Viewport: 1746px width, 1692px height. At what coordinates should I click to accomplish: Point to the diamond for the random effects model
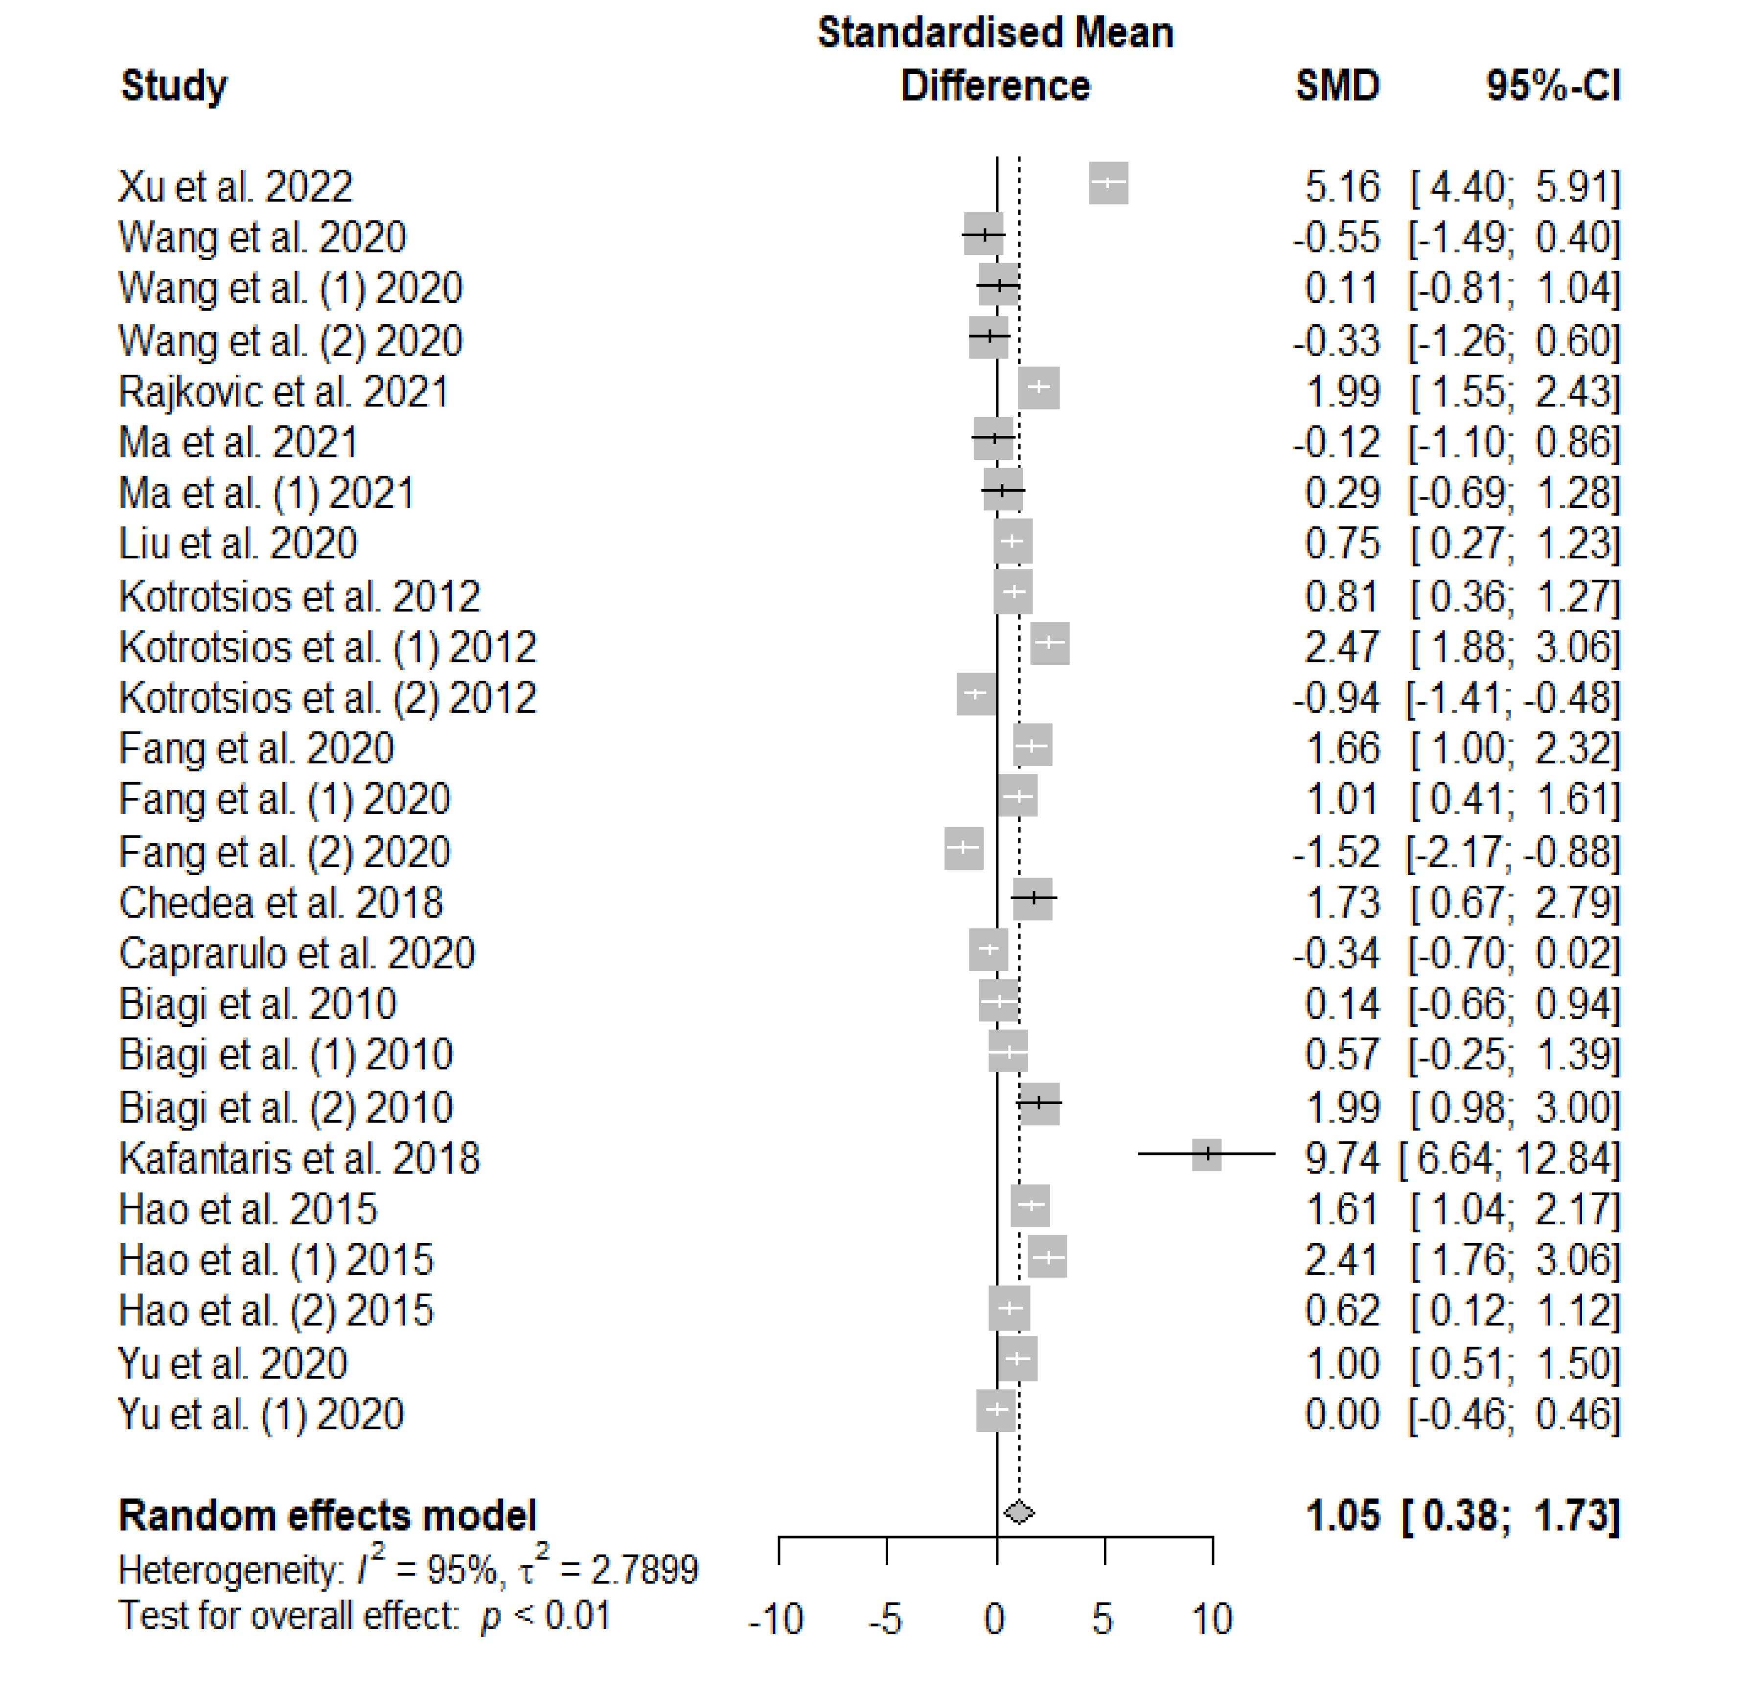pos(1019,1512)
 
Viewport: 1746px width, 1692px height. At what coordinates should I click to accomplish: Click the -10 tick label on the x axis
pos(776,1619)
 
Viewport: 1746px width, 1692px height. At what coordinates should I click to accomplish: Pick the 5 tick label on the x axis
pos(1103,1619)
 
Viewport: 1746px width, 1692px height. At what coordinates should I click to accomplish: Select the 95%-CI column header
pos(1553,86)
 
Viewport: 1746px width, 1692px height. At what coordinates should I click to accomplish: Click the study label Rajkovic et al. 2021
pos(283,392)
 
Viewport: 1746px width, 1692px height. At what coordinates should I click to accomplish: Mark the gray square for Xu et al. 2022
pos(1108,182)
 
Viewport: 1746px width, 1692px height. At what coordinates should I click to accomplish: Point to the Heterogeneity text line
pos(408,1569)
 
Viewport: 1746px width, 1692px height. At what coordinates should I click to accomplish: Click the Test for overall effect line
pos(365,1615)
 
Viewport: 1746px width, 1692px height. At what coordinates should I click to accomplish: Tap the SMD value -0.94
pos(1336,698)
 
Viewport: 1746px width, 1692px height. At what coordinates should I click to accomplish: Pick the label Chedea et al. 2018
pos(280,903)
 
